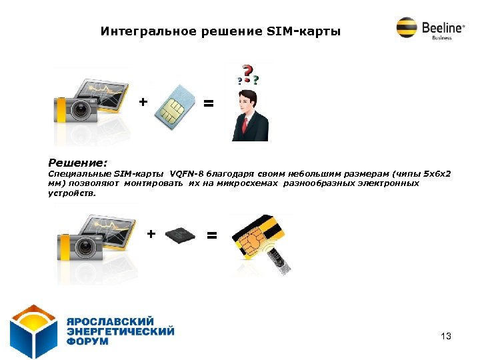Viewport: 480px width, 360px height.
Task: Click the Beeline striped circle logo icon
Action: pyautogui.click(x=406, y=28)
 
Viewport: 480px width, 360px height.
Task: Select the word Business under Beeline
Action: pyautogui.click(x=441, y=38)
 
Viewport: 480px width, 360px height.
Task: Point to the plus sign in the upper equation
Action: pyautogui.click(x=142, y=102)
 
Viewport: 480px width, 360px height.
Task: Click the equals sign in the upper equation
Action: pyautogui.click(x=209, y=104)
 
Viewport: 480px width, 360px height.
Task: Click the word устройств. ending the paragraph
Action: pyautogui.click(x=71, y=193)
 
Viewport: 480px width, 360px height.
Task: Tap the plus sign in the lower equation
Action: pyautogui.click(x=151, y=234)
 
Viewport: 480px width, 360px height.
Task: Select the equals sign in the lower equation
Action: pyautogui.click(x=211, y=235)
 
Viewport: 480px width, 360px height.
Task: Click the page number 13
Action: pyautogui.click(x=446, y=337)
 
